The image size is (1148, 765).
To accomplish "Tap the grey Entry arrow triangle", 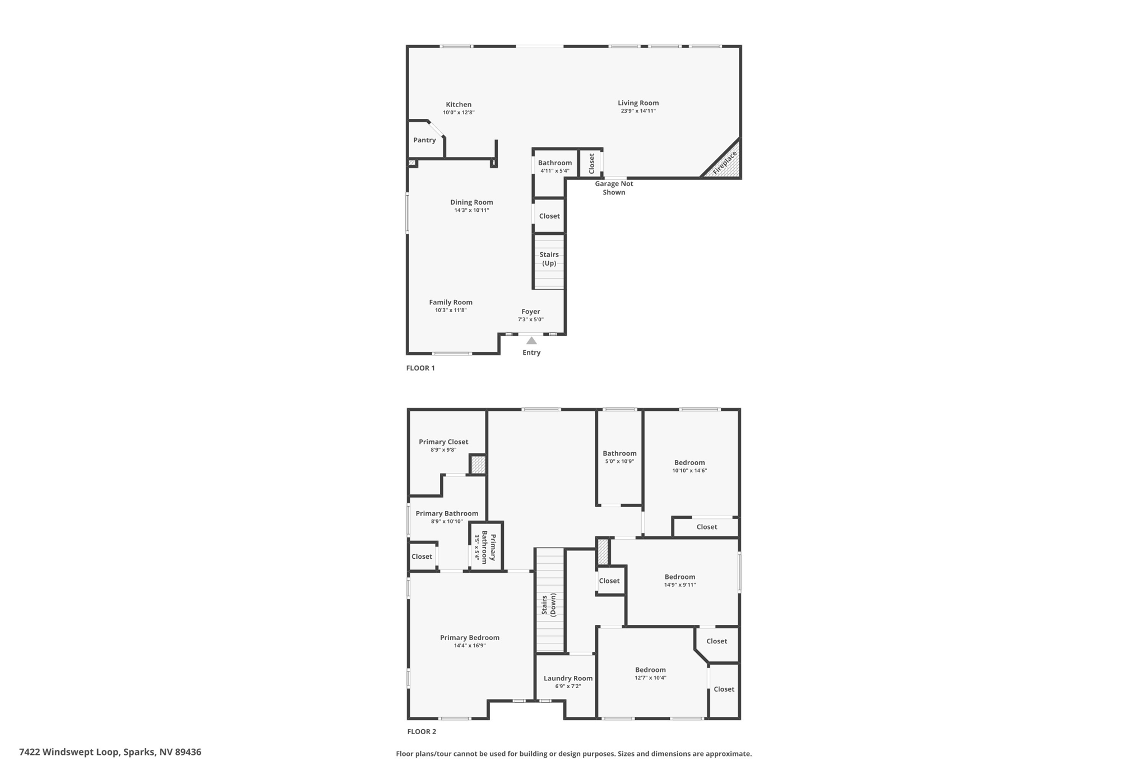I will (x=531, y=341).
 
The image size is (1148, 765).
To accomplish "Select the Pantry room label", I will (x=424, y=140).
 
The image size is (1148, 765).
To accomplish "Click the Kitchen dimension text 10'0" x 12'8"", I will (x=459, y=113).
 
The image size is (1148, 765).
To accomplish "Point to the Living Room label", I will (x=638, y=103).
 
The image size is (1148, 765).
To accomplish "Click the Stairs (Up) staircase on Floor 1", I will (x=549, y=261).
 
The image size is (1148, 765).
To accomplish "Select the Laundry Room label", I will (x=568, y=678).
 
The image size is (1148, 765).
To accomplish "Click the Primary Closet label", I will (x=443, y=442).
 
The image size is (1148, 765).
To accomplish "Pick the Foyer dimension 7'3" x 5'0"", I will (x=530, y=320).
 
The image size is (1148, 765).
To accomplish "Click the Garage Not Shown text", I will (x=614, y=188).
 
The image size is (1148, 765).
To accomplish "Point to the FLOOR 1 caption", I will (x=420, y=368).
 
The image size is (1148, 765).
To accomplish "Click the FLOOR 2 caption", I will (x=422, y=731).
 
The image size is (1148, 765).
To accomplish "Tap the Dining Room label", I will (x=471, y=202).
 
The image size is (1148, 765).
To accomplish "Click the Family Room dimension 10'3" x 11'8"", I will (x=451, y=310).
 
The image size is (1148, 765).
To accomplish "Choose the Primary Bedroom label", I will (x=469, y=637).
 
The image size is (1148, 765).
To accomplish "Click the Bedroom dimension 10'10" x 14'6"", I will (x=689, y=471).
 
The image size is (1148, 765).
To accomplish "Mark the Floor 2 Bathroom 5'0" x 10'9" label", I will (x=619, y=453).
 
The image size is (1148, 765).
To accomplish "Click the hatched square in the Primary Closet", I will (x=478, y=465).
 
